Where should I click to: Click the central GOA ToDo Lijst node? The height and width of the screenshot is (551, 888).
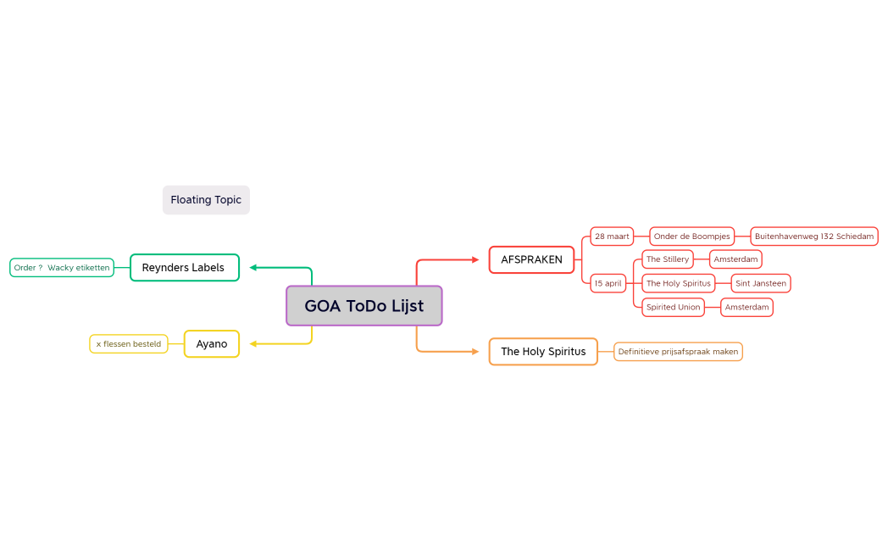coord(364,306)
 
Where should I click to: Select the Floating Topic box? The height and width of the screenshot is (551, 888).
coord(206,200)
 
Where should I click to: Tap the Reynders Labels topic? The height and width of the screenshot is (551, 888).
coord(185,267)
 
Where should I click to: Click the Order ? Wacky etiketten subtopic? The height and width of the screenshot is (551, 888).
coord(62,268)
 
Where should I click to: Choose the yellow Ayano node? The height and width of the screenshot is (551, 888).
coord(212,343)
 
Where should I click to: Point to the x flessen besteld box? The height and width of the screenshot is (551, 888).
coord(129,343)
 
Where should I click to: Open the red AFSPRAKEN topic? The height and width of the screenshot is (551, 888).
coord(532,260)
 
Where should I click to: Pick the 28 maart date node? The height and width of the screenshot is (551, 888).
coord(612,237)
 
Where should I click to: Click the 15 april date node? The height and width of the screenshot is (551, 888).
coord(608,283)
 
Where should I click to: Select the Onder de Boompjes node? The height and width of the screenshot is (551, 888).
coord(692,237)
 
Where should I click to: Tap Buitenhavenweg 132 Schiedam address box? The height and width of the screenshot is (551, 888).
coord(814,237)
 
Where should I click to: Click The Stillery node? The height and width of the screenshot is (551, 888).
coord(668,259)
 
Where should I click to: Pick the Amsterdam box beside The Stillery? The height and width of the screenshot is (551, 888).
coord(735,259)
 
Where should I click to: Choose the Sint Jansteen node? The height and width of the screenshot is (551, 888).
coord(761,283)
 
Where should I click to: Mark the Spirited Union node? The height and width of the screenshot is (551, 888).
coord(674,307)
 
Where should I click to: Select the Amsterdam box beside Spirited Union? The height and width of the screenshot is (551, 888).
coord(747,307)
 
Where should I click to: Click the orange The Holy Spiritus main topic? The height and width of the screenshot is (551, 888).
coord(544,352)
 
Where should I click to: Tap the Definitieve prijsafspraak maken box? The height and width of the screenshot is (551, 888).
coord(678,352)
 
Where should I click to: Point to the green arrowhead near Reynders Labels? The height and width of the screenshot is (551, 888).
coord(253,267)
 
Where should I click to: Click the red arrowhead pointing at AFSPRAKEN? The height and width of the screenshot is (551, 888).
coord(475,260)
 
